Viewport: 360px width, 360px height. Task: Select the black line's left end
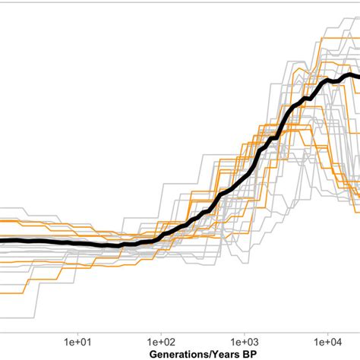[2, 241]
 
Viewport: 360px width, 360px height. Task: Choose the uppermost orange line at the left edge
[2, 220]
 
